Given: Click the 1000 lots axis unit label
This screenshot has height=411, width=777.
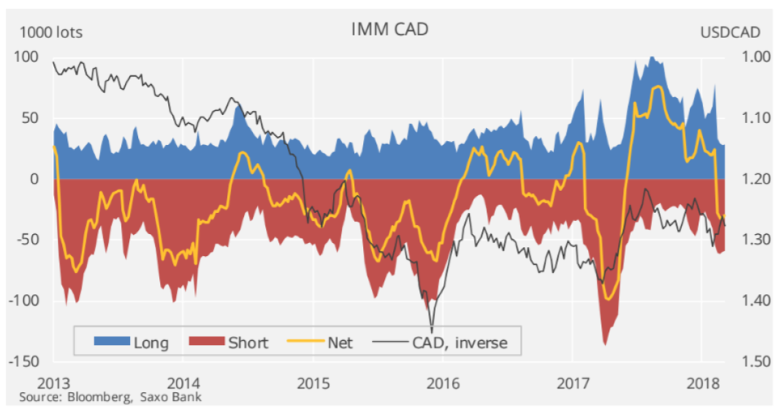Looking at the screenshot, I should coord(50,32).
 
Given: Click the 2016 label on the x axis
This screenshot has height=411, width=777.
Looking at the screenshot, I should coord(442,382).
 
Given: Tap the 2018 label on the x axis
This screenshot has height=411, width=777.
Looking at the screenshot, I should coord(704,382).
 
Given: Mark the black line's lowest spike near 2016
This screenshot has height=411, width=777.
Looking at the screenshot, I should coord(432,331).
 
